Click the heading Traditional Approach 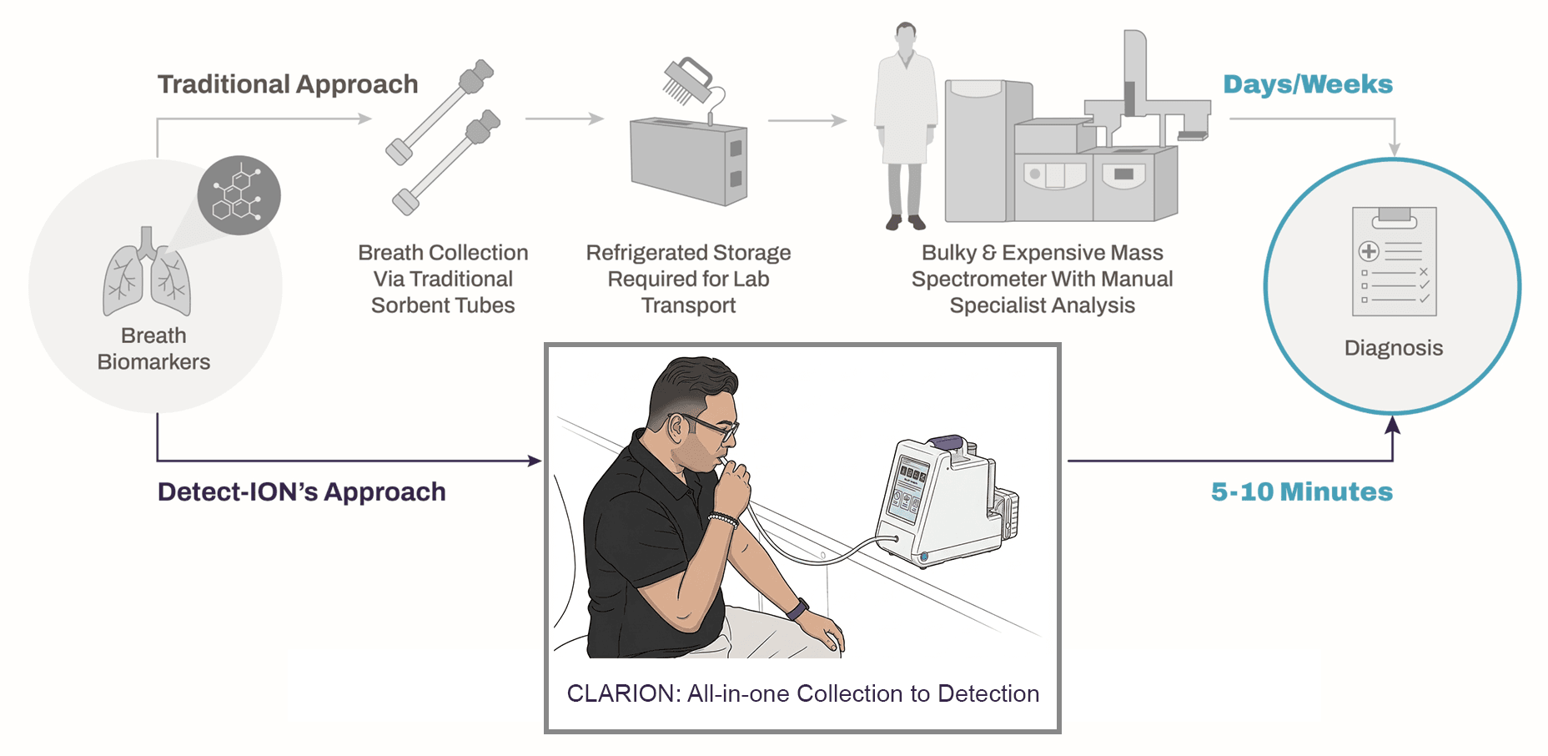tap(288, 84)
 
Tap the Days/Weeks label tap(1307, 84)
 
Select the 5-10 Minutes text tap(1301, 491)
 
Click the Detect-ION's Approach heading tap(301, 491)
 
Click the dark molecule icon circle tap(239, 195)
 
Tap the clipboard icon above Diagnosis tap(1394, 261)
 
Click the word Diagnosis tap(1393, 348)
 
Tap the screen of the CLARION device tap(907, 488)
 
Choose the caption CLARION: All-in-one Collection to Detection tap(802, 693)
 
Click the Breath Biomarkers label tap(153, 349)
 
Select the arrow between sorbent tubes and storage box tap(564, 119)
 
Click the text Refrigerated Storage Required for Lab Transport tap(688, 279)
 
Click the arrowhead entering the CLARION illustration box tap(535, 461)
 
